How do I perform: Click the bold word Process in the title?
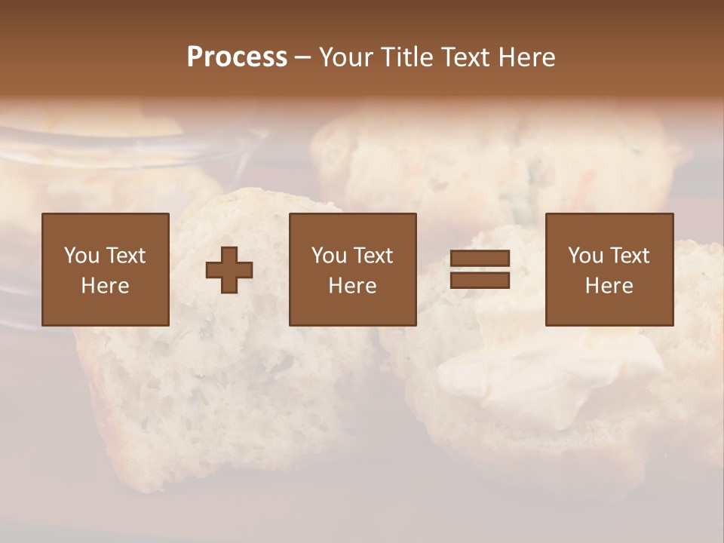tap(237, 57)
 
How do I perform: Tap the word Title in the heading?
tap(405, 57)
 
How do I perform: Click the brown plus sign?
tap(229, 270)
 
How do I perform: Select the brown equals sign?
tap(480, 270)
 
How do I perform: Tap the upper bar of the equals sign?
tap(480, 259)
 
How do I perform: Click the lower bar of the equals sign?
tap(480, 281)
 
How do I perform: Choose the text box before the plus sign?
tap(105, 269)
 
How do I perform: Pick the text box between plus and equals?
tap(352, 269)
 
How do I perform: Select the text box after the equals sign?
tap(609, 269)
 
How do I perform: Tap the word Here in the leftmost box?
tap(105, 286)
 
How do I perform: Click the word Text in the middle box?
tap(373, 256)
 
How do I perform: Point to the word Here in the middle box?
tap(352, 286)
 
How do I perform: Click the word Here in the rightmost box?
tap(609, 286)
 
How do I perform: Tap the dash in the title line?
tap(302, 58)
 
